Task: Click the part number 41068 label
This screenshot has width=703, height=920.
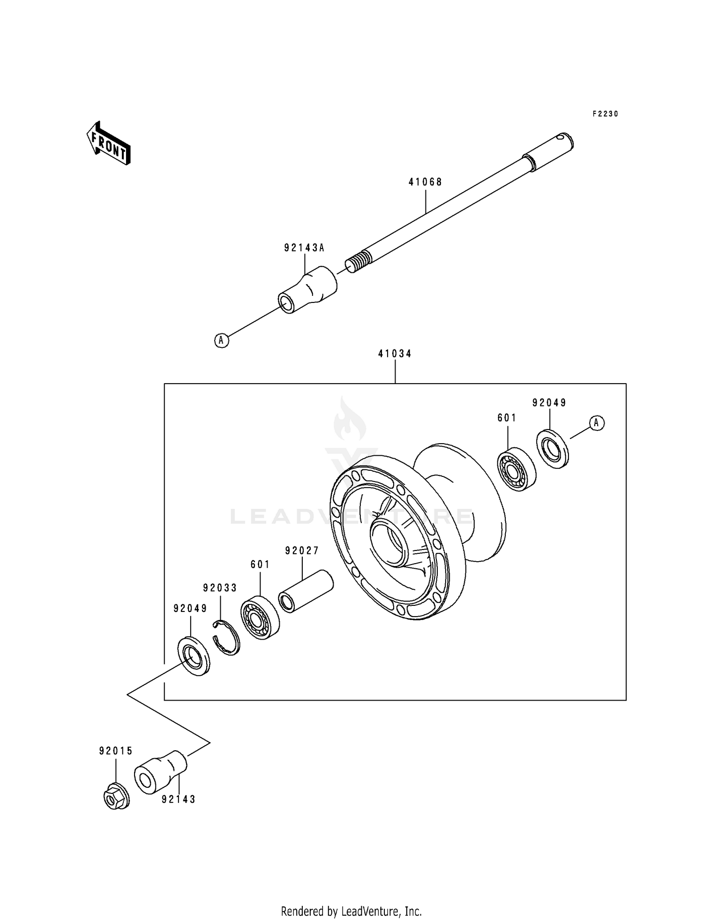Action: click(425, 182)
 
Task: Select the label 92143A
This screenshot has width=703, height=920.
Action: click(304, 248)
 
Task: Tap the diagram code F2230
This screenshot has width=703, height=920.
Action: click(605, 114)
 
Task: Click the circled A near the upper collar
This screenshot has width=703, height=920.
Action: click(222, 340)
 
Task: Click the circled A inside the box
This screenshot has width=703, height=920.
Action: click(596, 423)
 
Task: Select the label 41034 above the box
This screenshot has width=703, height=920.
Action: click(395, 354)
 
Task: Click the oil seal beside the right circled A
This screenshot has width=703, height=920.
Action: click(552, 449)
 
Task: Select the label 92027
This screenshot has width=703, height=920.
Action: click(302, 551)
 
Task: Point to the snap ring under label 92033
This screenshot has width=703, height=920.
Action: click(226, 637)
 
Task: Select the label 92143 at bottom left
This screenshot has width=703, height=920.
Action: click(179, 799)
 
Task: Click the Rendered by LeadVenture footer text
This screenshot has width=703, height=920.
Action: click(351, 911)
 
